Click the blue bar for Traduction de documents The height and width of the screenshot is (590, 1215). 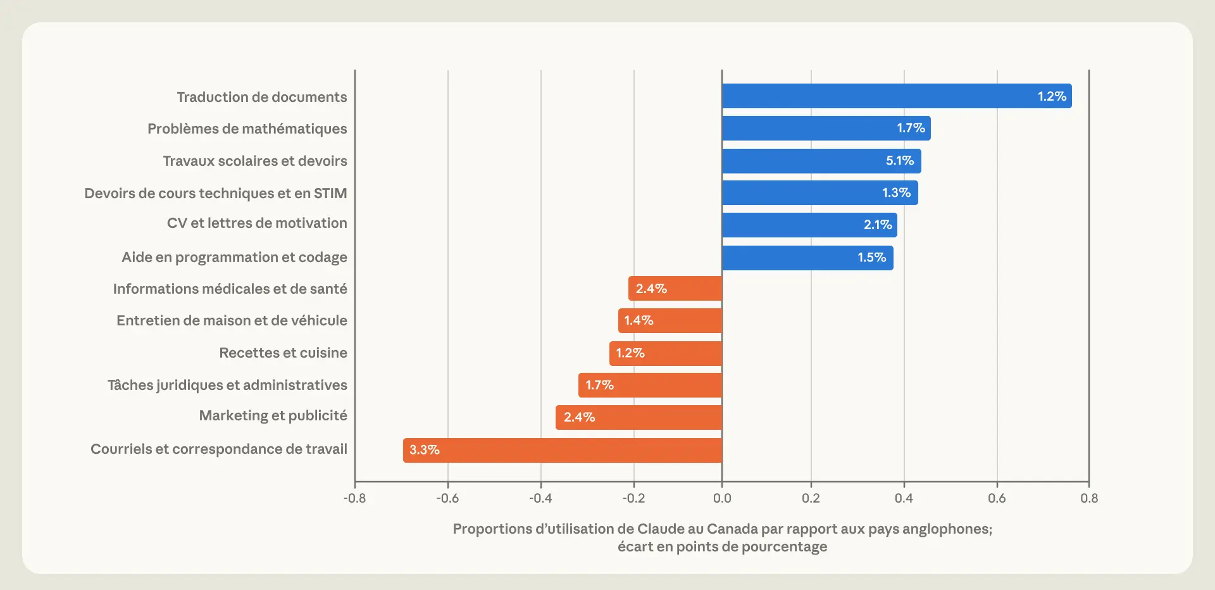coord(897,96)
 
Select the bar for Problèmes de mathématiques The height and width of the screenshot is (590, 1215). coord(826,128)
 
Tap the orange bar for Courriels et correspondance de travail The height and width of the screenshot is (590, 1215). coord(563,450)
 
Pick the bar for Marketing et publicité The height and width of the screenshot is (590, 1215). coord(639,417)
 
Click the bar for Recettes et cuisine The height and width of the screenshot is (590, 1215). coord(666,353)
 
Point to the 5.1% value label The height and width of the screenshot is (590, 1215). coord(900,161)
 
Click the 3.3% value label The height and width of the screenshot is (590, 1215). coord(425,450)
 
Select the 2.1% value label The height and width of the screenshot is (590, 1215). coord(878,225)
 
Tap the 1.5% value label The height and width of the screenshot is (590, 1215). coord(872,258)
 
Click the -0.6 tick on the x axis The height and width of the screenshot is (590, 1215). coord(447,498)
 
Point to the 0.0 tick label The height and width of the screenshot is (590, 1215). coord(722,498)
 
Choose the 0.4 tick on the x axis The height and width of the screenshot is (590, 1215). coord(904,498)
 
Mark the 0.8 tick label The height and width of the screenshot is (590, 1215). coord(1089,498)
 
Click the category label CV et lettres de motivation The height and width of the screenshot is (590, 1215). coord(257,223)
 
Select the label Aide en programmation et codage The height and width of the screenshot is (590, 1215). coord(234,257)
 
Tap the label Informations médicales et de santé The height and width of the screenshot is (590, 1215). coord(230,289)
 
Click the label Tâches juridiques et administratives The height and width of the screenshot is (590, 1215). coord(227,385)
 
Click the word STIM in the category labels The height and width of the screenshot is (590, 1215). coord(330,193)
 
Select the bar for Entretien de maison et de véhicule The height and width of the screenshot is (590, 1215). coord(670,320)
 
